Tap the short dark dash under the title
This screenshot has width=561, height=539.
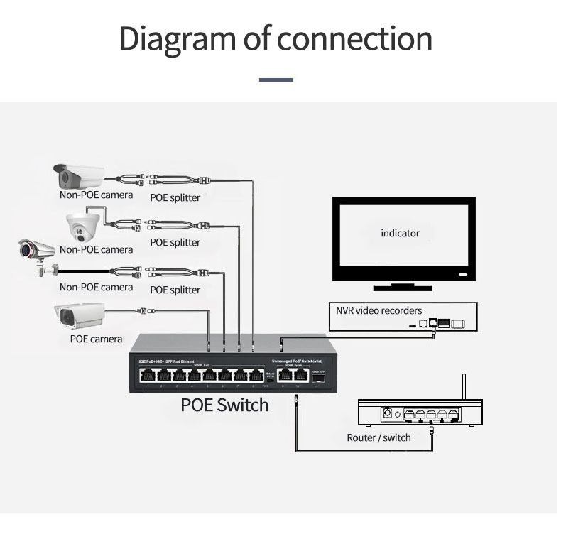click(x=276, y=80)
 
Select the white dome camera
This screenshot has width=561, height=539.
click(x=84, y=225)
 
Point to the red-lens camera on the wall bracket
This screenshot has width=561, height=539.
click(x=37, y=254)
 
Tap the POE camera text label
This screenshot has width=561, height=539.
click(x=96, y=339)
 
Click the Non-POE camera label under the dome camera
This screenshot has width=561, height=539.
click(x=96, y=249)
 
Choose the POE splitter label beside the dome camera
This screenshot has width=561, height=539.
click(x=175, y=242)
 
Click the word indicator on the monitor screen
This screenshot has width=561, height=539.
click(x=400, y=233)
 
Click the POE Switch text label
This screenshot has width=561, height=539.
click(x=224, y=405)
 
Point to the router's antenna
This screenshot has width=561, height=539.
click(x=464, y=386)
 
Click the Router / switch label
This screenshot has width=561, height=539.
click(x=378, y=437)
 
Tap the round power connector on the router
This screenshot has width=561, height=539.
click(x=388, y=413)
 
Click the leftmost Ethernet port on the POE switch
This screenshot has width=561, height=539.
click(x=146, y=376)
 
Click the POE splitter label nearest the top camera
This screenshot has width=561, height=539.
click(x=175, y=197)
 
